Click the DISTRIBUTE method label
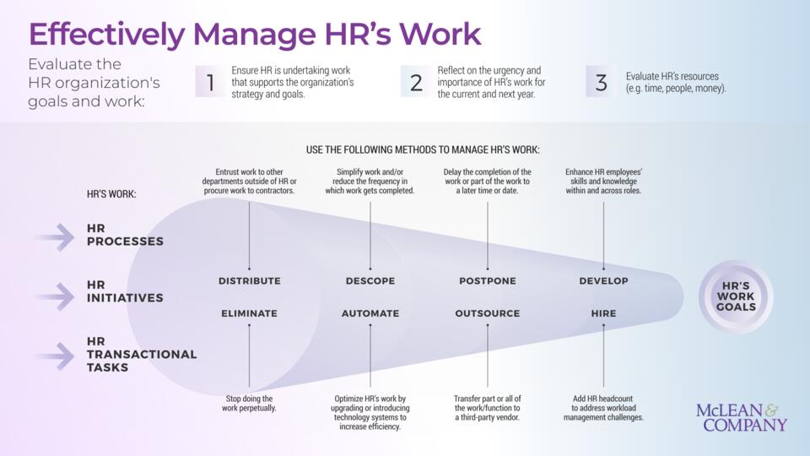tap(250, 280)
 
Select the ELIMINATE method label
tap(249, 313)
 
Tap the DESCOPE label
tap(370, 280)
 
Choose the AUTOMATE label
tap(370, 313)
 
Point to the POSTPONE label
tap(488, 280)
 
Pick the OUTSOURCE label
tap(488, 313)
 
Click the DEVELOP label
tap(603, 280)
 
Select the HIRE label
tap(603, 313)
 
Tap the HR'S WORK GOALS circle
tap(736, 296)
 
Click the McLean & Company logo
tap(742, 418)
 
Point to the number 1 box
tap(210, 82)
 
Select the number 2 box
tap(416, 82)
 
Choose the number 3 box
tap(601, 82)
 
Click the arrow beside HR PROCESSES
tap(56, 237)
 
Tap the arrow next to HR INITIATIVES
tap(56, 296)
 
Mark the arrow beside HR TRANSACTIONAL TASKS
tap(56, 356)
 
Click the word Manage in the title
tap(254, 34)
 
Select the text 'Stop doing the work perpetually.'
tap(249, 404)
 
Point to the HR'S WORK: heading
tap(111, 194)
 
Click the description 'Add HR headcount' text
tap(602, 399)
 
